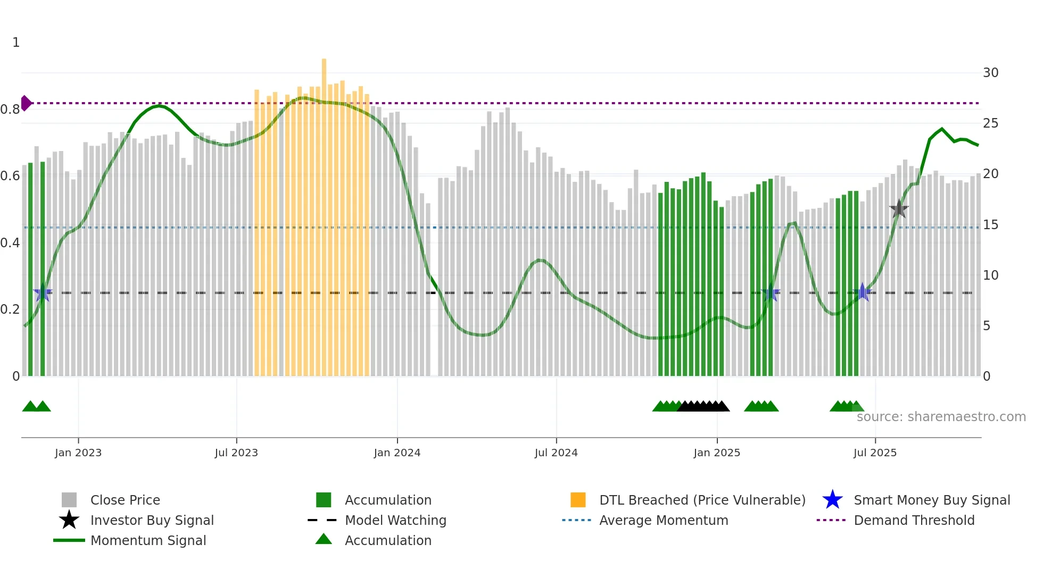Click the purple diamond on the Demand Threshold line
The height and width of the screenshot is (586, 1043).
(x=26, y=103)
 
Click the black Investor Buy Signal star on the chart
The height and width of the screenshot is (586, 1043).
(x=899, y=209)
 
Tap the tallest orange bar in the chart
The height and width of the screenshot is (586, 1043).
(x=324, y=213)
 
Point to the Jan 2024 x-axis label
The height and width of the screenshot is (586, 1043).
(x=397, y=453)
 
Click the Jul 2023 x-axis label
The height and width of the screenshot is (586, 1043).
(x=236, y=453)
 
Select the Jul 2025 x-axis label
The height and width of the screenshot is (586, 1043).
(x=875, y=453)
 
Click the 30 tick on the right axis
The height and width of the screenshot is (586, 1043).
(x=990, y=73)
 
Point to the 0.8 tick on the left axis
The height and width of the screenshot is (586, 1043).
(x=10, y=110)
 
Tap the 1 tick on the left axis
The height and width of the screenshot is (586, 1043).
(x=16, y=43)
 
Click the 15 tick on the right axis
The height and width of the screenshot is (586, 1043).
(x=990, y=225)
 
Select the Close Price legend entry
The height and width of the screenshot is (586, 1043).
(x=125, y=500)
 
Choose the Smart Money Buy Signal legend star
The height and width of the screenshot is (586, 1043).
(x=832, y=500)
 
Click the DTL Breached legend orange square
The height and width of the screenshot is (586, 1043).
(x=578, y=500)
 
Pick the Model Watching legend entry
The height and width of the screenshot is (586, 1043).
(x=395, y=520)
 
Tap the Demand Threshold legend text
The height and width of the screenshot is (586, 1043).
(x=914, y=520)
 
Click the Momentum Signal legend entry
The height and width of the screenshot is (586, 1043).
(x=148, y=540)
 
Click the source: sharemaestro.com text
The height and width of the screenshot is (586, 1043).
(x=941, y=417)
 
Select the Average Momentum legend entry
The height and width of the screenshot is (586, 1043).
(x=663, y=520)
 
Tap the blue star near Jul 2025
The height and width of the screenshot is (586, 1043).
(x=863, y=292)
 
